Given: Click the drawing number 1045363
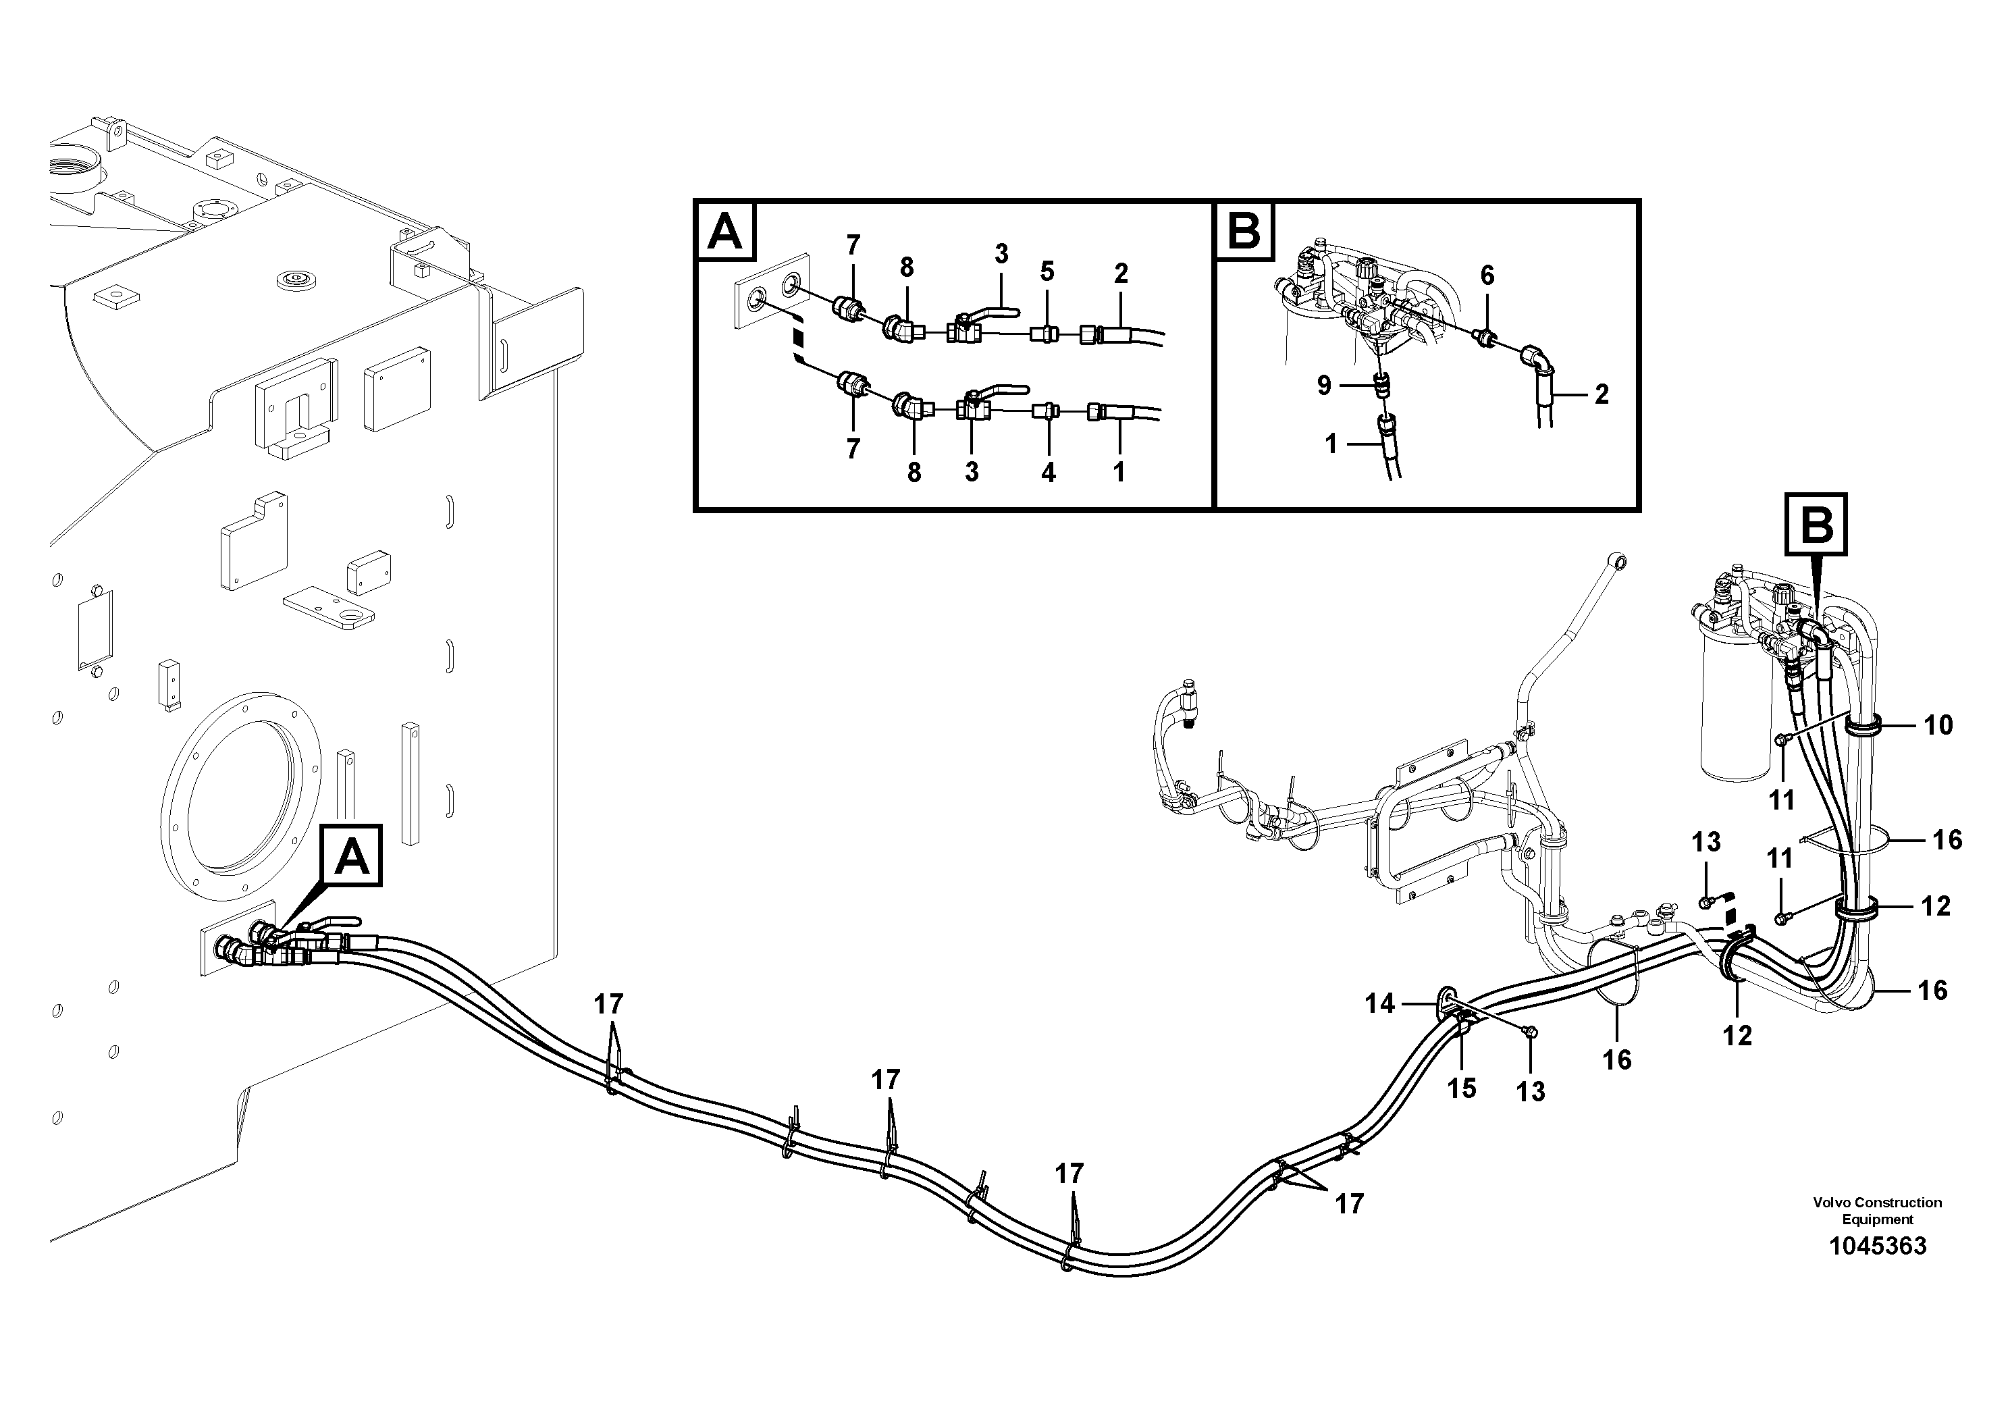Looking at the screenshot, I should tap(1877, 1246).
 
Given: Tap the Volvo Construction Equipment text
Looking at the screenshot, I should tap(1877, 1211).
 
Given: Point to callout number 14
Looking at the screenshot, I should tap(1379, 1003).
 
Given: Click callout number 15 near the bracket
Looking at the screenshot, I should tap(1461, 1088).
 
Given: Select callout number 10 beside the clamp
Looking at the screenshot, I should tap(1938, 725).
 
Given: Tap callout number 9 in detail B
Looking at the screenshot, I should tap(1323, 385).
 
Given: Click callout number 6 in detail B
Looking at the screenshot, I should tap(1487, 275).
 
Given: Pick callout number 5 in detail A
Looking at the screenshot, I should tap(1047, 271).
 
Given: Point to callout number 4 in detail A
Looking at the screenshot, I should tap(1048, 473).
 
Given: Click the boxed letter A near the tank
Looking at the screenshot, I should tap(352, 856).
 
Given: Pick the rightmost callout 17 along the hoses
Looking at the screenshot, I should tap(1349, 1205).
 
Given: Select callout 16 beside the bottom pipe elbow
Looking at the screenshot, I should tap(1932, 990).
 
